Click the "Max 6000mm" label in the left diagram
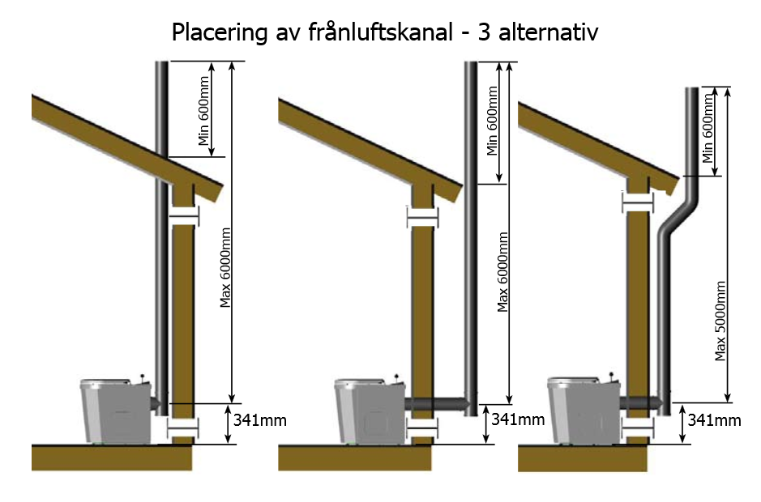(x=226, y=268)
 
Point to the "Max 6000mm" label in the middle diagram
(x=503, y=272)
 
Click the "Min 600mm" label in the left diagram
(x=204, y=118)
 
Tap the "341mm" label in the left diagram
(x=259, y=421)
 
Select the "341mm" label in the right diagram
(x=714, y=419)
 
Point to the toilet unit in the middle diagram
(x=369, y=411)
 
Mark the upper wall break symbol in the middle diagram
(x=421, y=217)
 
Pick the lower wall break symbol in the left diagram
(x=182, y=428)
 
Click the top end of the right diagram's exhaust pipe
(x=692, y=89)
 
